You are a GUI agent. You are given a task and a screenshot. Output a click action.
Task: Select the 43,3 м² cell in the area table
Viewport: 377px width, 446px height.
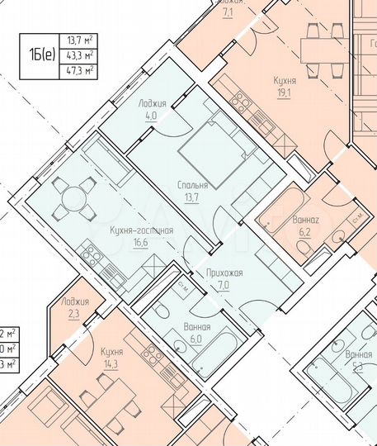79,55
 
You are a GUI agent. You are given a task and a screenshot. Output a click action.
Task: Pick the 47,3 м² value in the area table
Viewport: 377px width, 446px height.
79,70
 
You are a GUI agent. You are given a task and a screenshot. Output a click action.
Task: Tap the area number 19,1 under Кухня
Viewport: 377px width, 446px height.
285,93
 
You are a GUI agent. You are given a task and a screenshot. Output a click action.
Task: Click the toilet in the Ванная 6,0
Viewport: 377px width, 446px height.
163,311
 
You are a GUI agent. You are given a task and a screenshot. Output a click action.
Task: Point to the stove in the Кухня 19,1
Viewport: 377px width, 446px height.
242,103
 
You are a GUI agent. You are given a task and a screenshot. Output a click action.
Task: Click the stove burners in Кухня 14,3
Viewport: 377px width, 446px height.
153,356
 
